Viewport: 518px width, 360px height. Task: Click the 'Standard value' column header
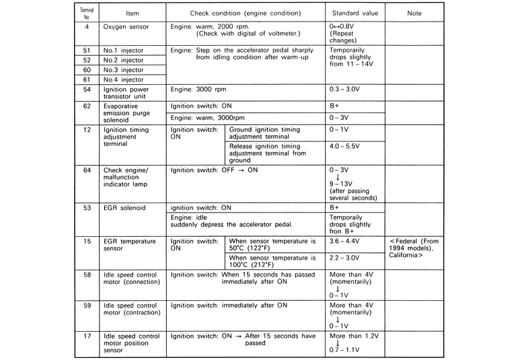coord(355,13)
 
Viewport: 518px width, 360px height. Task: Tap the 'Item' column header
coord(132,13)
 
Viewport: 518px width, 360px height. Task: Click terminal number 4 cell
coord(87,28)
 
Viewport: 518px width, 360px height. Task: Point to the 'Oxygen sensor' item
coord(125,28)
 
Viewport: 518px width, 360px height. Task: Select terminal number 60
coord(87,69)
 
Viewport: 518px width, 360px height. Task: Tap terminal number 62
coord(87,106)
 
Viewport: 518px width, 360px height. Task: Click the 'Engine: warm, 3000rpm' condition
coord(211,118)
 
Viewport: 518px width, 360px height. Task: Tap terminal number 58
coord(87,275)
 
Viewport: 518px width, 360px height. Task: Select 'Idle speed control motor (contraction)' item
coord(132,309)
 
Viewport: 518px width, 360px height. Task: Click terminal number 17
coord(87,335)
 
